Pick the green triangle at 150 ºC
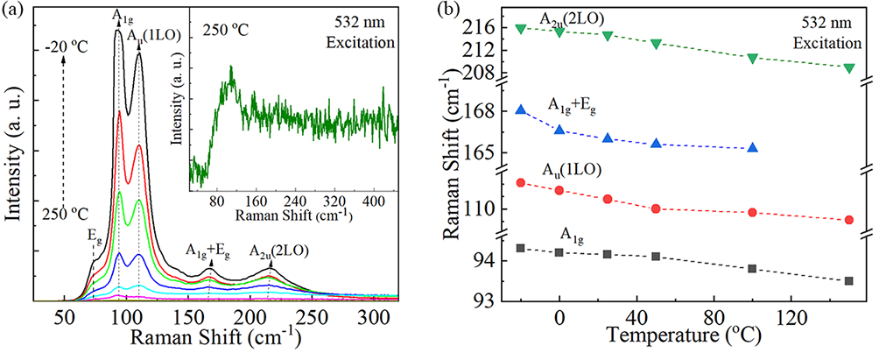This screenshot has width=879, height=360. [849, 67]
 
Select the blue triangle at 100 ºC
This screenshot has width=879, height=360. [753, 148]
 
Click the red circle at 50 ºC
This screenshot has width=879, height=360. [656, 208]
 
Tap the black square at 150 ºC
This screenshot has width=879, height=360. [849, 281]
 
